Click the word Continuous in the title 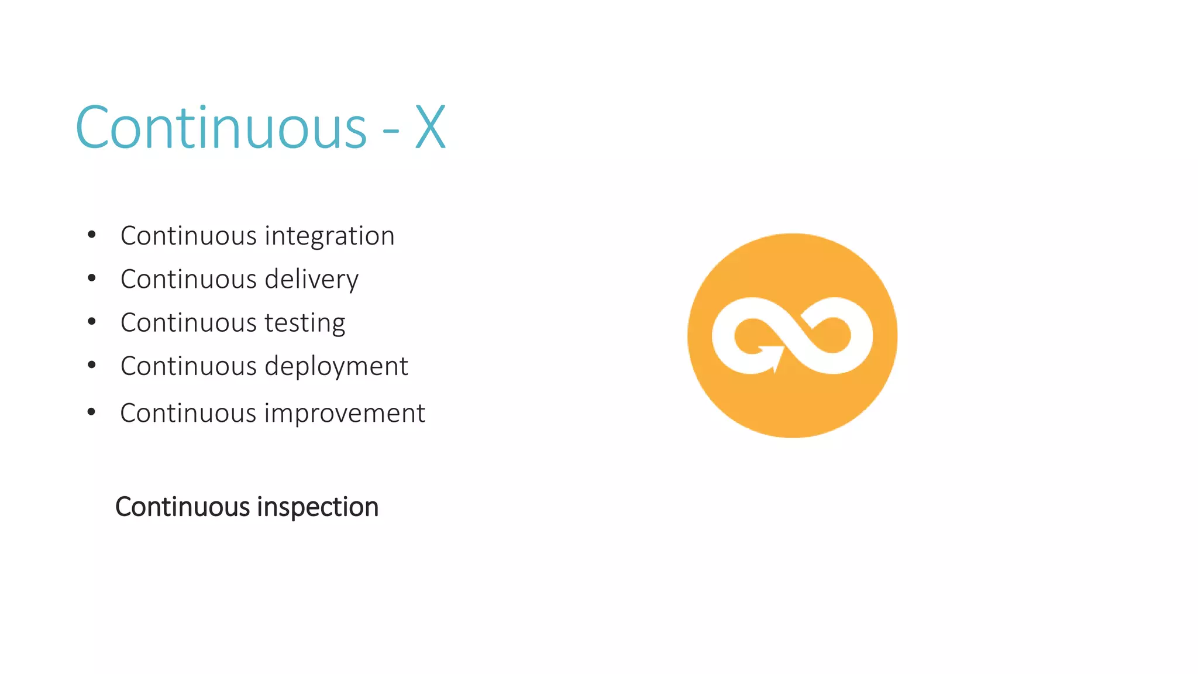point(221,128)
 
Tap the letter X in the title point(431,128)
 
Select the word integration point(329,236)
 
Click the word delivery point(311,280)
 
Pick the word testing point(305,323)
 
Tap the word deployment point(336,367)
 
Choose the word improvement point(345,413)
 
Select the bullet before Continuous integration point(91,235)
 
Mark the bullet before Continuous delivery point(91,278)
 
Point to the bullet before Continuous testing point(91,322)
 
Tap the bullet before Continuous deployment point(91,365)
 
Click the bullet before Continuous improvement point(91,412)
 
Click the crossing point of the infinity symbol point(793,335)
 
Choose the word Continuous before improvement point(188,413)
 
